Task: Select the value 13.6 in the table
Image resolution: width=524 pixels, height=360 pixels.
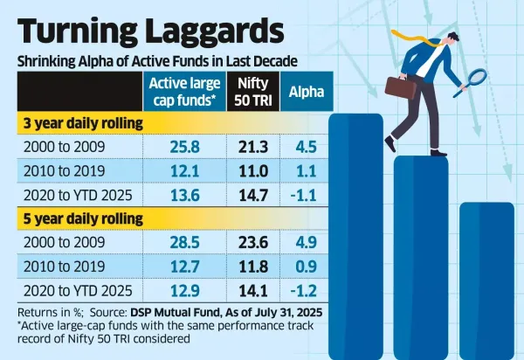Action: point(185,195)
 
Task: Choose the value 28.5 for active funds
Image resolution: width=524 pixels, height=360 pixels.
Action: point(185,240)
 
